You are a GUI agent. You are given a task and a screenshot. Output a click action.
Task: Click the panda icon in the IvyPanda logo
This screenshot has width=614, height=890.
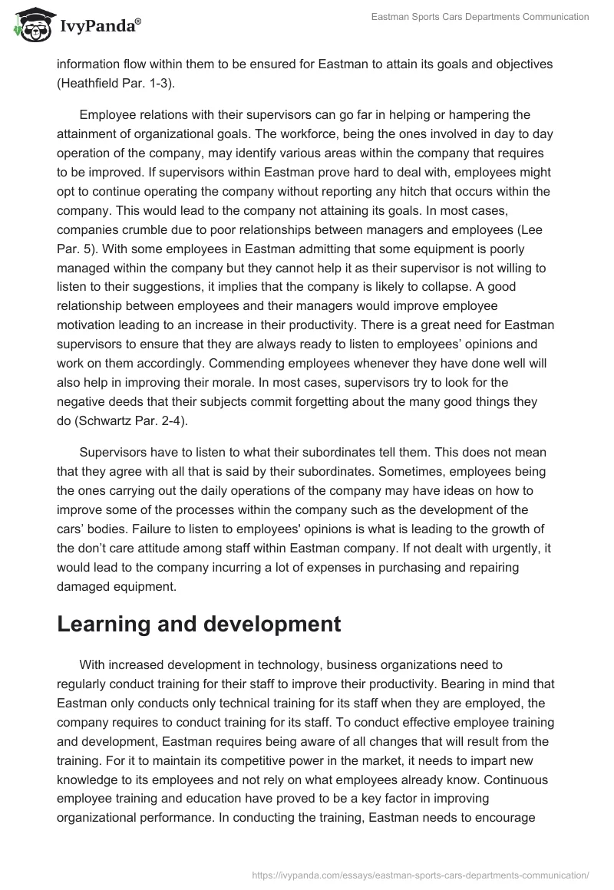[29, 25]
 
